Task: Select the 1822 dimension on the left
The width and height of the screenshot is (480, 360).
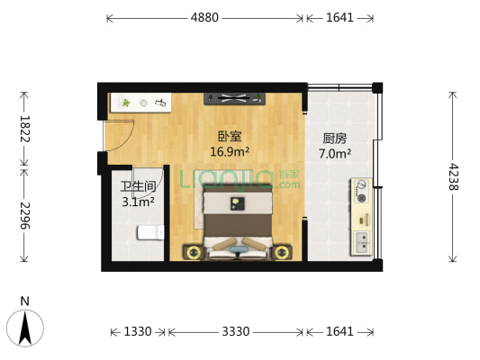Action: (24, 128)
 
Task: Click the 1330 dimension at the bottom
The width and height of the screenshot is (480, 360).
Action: (138, 332)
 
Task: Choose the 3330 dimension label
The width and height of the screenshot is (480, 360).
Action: (236, 332)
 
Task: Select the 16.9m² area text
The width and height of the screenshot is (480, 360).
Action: (230, 151)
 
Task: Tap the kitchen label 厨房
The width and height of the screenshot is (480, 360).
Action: (335, 139)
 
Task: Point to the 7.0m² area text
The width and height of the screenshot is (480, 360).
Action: (335, 153)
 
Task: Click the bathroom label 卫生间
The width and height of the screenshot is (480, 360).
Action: (139, 187)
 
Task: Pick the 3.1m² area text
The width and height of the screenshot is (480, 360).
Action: (139, 202)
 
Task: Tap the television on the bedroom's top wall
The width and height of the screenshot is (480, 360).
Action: (237, 98)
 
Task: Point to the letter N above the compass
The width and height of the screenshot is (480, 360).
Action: (25, 301)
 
